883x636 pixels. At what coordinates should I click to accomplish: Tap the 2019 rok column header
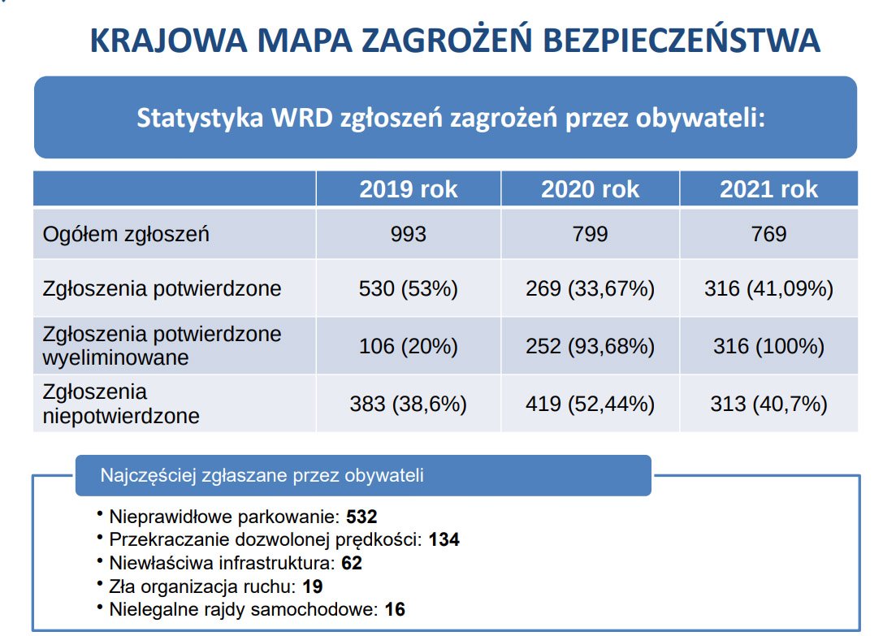(x=409, y=189)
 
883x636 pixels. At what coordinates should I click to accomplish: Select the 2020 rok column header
(x=591, y=189)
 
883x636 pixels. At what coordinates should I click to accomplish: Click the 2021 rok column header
(x=768, y=189)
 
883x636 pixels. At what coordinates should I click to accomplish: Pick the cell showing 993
(x=409, y=235)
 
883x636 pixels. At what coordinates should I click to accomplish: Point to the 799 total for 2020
(x=591, y=235)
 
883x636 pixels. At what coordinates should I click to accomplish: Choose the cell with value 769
(x=768, y=235)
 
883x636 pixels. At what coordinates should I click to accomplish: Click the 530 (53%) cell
(x=409, y=288)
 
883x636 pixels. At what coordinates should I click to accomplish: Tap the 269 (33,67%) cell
(x=591, y=288)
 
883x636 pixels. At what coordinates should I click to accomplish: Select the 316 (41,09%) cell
(x=768, y=288)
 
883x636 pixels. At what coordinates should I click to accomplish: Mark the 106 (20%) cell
(x=409, y=346)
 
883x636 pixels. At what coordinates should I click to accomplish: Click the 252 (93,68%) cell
(x=591, y=346)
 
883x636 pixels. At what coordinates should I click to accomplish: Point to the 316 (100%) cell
(x=768, y=346)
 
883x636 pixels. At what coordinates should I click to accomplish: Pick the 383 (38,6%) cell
(x=409, y=404)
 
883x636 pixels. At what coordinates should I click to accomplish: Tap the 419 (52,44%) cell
(x=591, y=404)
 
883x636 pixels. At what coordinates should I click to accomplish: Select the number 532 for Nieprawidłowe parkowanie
(x=362, y=517)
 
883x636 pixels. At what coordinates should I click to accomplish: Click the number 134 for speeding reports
(x=444, y=539)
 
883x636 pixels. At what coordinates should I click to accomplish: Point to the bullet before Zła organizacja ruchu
(x=99, y=583)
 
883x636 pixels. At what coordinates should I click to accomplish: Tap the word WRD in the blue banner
(x=299, y=118)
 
